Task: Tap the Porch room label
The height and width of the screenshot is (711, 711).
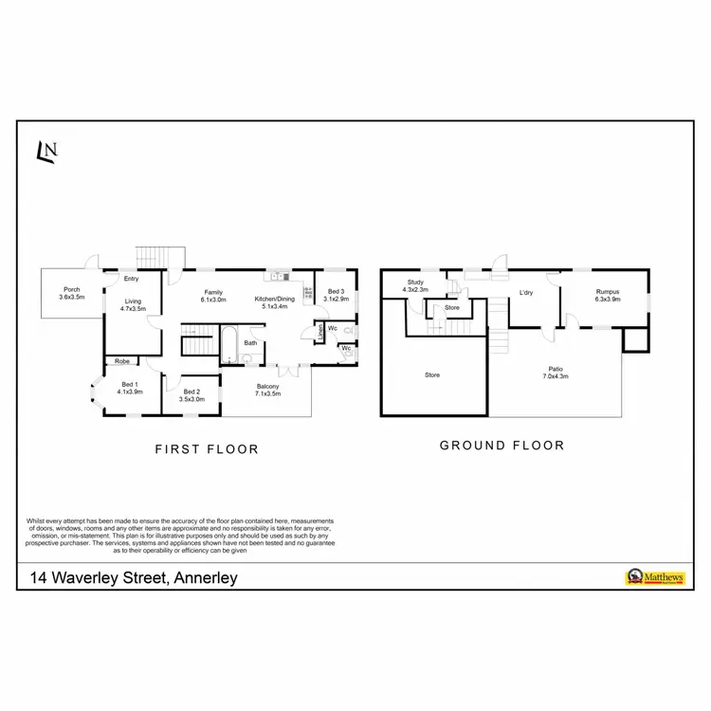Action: [71, 290]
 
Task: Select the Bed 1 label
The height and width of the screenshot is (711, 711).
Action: [130, 383]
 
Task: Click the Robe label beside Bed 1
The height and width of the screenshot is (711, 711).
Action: [122, 361]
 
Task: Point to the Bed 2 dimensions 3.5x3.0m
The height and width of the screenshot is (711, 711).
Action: [191, 399]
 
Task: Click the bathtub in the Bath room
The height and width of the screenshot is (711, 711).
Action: [228, 346]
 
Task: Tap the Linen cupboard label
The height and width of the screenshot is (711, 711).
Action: [320, 332]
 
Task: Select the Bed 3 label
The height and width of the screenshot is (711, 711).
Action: [337, 291]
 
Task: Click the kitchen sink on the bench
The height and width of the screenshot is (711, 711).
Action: [279, 277]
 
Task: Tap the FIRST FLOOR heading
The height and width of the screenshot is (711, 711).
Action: [207, 449]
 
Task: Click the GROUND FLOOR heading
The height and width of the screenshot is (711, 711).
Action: [501, 446]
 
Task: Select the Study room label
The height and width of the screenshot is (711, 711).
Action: [415, 282]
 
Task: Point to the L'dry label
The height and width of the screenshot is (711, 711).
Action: [526, 293]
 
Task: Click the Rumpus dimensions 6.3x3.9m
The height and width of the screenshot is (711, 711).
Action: [608, 300]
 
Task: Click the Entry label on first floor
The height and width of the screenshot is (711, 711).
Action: [132, 279]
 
